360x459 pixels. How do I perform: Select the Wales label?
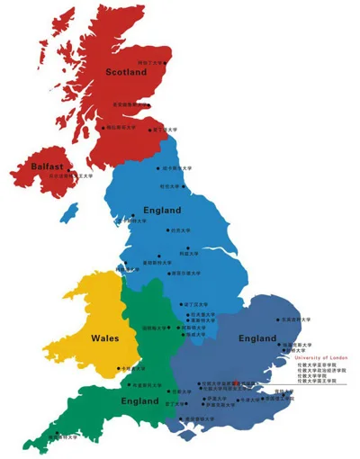[x=106, y=338]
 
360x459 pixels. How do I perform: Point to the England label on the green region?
[x=139, y=401]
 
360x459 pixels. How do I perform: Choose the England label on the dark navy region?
[x=257, y=338]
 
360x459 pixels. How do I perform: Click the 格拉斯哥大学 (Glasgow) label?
[x=122, y=128]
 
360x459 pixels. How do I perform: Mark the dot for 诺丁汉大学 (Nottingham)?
[x=183, y=305]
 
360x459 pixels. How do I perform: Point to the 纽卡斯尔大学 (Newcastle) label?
[x=176, y=167]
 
